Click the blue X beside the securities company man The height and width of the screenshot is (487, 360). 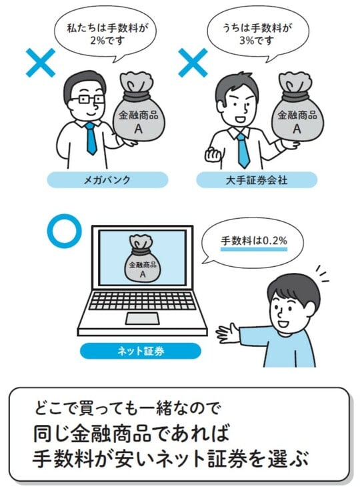193,63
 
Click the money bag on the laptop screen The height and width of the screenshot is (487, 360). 141,259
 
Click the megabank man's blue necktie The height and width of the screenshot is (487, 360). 90,138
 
